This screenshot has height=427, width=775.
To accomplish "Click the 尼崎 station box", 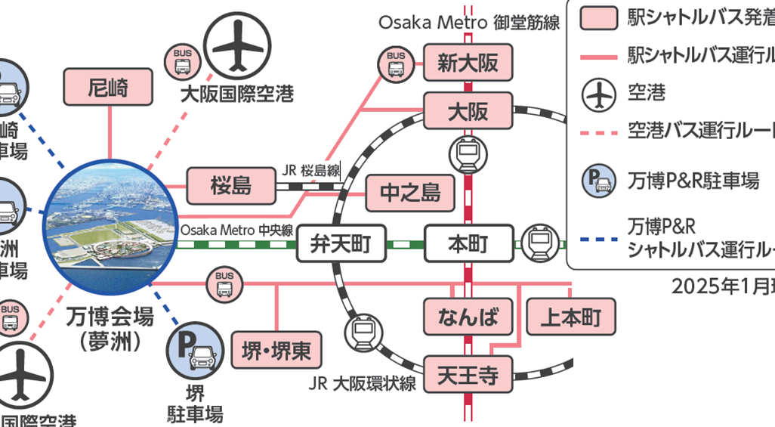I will (109, 87).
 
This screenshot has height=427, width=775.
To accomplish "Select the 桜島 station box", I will (231, 184).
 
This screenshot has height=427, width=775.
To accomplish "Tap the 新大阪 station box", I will (468, 63).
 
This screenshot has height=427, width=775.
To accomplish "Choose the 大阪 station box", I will (468, 112).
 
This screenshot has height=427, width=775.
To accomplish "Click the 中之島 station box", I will (410, 193).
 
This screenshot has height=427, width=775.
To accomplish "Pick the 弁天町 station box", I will (341, 243).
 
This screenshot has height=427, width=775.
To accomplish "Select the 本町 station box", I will (468, 243).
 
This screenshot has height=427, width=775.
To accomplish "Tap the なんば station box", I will (468, 317).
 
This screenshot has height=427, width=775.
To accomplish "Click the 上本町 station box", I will (570, 317).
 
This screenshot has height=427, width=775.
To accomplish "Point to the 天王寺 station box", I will (468, 375).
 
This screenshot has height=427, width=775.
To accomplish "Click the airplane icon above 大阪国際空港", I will (236, 48).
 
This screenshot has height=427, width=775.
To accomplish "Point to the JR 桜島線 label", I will (311, 170).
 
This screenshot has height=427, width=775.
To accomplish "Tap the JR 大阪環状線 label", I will (363, 383).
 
